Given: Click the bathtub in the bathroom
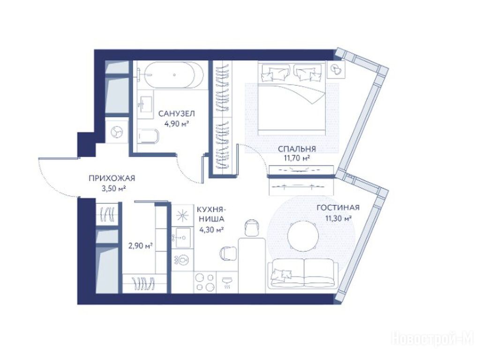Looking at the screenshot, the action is pos(173,75).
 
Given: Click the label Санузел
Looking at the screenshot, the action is pos(176,114).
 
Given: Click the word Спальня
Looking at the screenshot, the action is pos(297,149).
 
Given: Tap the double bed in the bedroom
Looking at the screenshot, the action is pos(291,98).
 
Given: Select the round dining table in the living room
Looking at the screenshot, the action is pos(303,236).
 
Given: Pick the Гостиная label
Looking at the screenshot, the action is pos(338,208).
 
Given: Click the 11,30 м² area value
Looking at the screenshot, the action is pos(338,218).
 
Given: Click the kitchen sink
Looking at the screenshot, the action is pos(182,237).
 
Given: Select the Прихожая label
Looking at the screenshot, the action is pos(112,178).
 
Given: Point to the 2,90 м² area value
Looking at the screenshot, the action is pos(141,246).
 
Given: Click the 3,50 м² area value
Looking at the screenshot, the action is pos(114,188).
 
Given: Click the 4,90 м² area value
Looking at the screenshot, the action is pos(176,124).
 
